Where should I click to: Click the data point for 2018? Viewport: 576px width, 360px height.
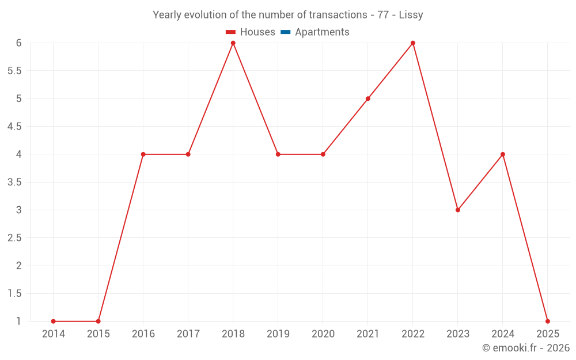coord(233,43)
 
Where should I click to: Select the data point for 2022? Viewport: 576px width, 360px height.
coord(413,43)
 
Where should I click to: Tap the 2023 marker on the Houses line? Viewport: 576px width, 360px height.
coord(458,210)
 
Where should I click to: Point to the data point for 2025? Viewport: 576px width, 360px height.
coord(548,321)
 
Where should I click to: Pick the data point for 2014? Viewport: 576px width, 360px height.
coord(54,321)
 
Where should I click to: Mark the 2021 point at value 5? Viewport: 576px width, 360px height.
coord(368,98)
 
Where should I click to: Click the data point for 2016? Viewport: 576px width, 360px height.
coord(143,154)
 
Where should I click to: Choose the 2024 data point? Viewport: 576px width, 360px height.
coord(503,154)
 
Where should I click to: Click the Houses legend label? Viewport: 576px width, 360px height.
coord(257,32)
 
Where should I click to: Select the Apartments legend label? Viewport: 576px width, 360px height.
coord(322,32)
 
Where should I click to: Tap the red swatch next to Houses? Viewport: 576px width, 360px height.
coord(231,32)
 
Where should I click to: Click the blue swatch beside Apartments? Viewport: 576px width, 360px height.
coord(285,32)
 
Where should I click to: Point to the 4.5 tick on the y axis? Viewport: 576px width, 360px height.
coord(14,127)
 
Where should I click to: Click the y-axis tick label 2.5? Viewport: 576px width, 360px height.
coord(14,238)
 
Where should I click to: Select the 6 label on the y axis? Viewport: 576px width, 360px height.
coord(19,43)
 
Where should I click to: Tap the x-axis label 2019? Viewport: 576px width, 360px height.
coord(278,334)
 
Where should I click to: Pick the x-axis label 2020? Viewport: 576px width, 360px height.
coord(323,334)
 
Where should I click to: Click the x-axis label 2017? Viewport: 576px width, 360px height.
coord(188,334)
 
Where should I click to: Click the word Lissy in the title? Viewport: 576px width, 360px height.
coord(411,15)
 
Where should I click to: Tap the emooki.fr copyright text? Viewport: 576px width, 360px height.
coord(526,348)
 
